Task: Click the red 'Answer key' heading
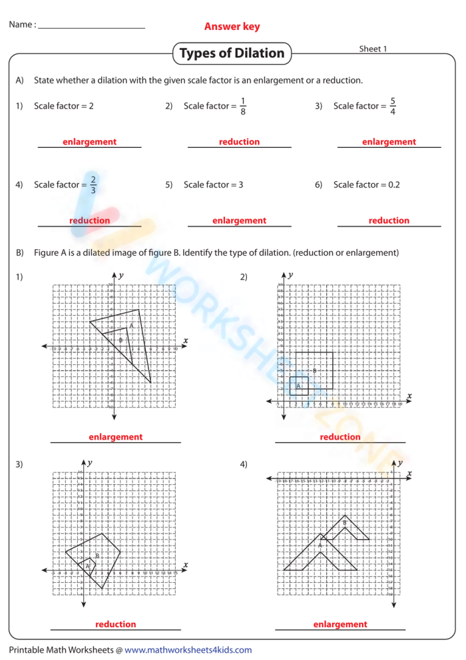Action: (x=232, y=27)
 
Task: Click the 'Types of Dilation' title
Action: (x=232, y=53)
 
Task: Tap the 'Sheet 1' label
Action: (x=373, y=49)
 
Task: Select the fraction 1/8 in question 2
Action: (x=243, y=106)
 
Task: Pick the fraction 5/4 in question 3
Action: (x=393, y=106)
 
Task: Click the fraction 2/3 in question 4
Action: (x=93, y=184)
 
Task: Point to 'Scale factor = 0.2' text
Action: (x=366, y=184)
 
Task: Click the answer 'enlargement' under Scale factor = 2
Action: (x=89, y=142)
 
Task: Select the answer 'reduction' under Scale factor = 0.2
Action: (x=389, y=220)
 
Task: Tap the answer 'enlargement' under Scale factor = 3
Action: (x=239, y=220)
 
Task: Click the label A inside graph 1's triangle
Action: (x=132, y=326)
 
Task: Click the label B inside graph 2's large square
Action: (x=314, y=370)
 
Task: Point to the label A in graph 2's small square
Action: (x=298, y=386)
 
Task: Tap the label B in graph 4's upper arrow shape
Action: (x=344, y=523)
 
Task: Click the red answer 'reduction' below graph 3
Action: (x=115, y=624)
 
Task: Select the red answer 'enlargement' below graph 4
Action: (x=340, y=624)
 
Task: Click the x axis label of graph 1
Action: (x=185, y=341)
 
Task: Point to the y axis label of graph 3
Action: (x=90, y=462)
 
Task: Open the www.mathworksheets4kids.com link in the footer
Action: (x=188, y=650)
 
